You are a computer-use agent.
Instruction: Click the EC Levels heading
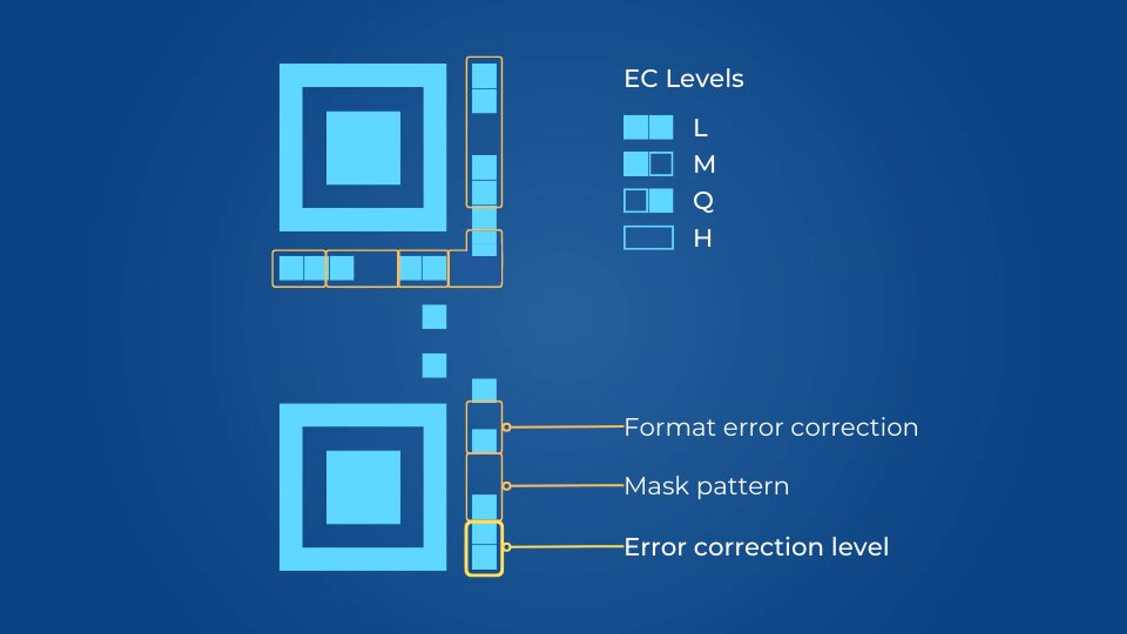click(683, 79)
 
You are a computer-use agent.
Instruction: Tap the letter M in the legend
click(704, 164)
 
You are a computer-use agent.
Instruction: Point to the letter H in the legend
click(702, 238)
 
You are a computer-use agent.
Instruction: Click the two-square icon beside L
click(648, 127)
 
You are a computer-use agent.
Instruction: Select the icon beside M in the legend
click(648, 164)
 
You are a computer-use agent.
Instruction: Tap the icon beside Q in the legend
click(648, 201)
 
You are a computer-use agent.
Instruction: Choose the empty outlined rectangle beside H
click(648, 237)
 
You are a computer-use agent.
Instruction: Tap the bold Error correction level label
click(756, 547)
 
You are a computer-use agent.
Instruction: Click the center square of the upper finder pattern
click(363, 148)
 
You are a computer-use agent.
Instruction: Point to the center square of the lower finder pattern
click(363, 487)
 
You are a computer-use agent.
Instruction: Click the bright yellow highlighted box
click(484, 549)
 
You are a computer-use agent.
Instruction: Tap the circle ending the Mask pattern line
click(507, 486)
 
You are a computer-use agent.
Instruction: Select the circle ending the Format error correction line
click(507, 427)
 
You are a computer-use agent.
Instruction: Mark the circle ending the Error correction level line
click(507, 547)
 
